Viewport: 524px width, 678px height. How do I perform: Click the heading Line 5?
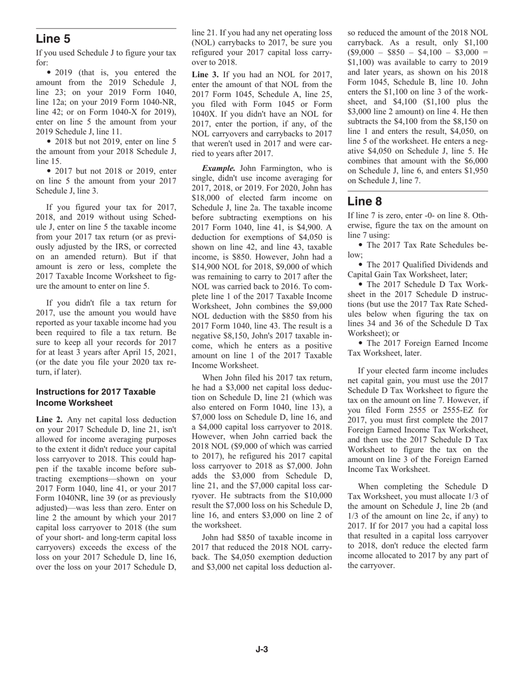coord(53,39)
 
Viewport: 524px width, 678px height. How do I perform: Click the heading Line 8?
coord(365,201)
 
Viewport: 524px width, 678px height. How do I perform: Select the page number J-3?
coord(261,649)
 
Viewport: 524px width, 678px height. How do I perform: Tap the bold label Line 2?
coord(50,419)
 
